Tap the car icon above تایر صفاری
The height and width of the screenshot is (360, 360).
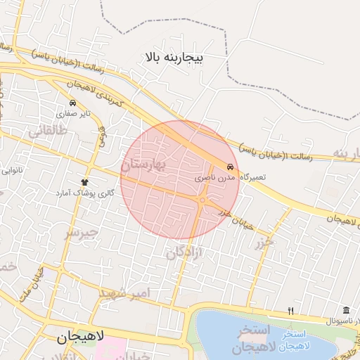point(73,103)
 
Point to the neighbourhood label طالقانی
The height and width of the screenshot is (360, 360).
point(48,130)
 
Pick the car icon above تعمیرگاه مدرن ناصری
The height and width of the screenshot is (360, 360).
point(231,167)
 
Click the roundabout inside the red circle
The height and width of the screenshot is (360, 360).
point(202,202)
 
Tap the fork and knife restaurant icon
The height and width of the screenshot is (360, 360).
point(290,311)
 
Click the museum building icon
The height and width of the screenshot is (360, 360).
point(345,310)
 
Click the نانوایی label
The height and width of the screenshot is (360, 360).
point(13,170)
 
